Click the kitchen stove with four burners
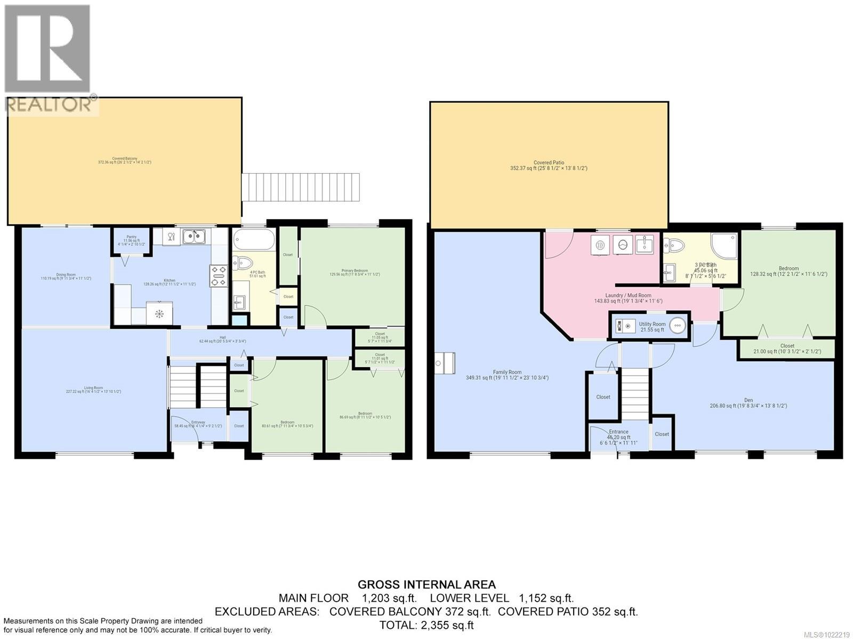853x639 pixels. [x=219, y=276]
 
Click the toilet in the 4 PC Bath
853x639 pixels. [x=243, y=263]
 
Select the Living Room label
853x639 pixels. [x=93, y=390]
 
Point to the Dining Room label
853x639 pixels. [x=66, y=276]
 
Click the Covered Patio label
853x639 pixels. [x=549, y=165]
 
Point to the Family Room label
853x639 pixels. [x=507, y=375]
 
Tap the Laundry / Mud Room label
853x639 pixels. [x=628, y=297]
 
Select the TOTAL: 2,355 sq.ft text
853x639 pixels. [x=426, y=625]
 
